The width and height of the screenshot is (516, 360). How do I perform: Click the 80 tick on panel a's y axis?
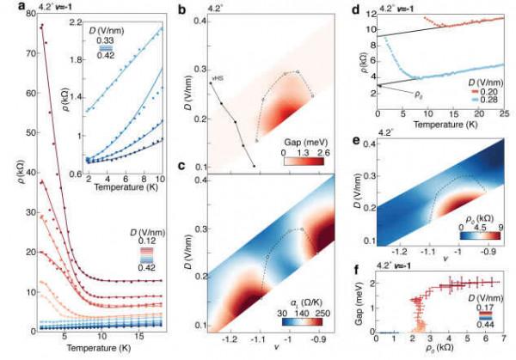(x=20, y=13)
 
